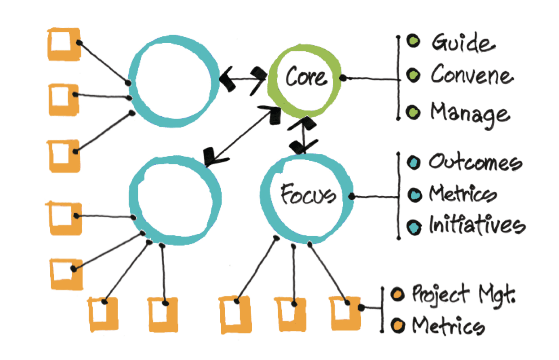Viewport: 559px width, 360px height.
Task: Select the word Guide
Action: point(463,44)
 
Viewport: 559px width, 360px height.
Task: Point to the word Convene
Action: point(471,75)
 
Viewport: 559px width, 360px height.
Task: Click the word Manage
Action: point(470,113)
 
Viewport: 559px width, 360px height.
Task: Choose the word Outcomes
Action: point(475,162)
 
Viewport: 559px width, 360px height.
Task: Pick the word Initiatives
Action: point(476,225)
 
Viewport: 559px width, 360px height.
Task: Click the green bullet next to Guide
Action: point(413,42)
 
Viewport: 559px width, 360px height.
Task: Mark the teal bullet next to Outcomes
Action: point(414,162)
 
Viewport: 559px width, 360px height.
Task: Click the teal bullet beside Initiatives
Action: point(415,226)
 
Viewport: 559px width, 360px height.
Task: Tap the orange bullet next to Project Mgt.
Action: point(396,295)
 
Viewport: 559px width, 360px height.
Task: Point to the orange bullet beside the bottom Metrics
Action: point(396,325)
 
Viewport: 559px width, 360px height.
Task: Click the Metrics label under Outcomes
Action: point(463,194)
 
